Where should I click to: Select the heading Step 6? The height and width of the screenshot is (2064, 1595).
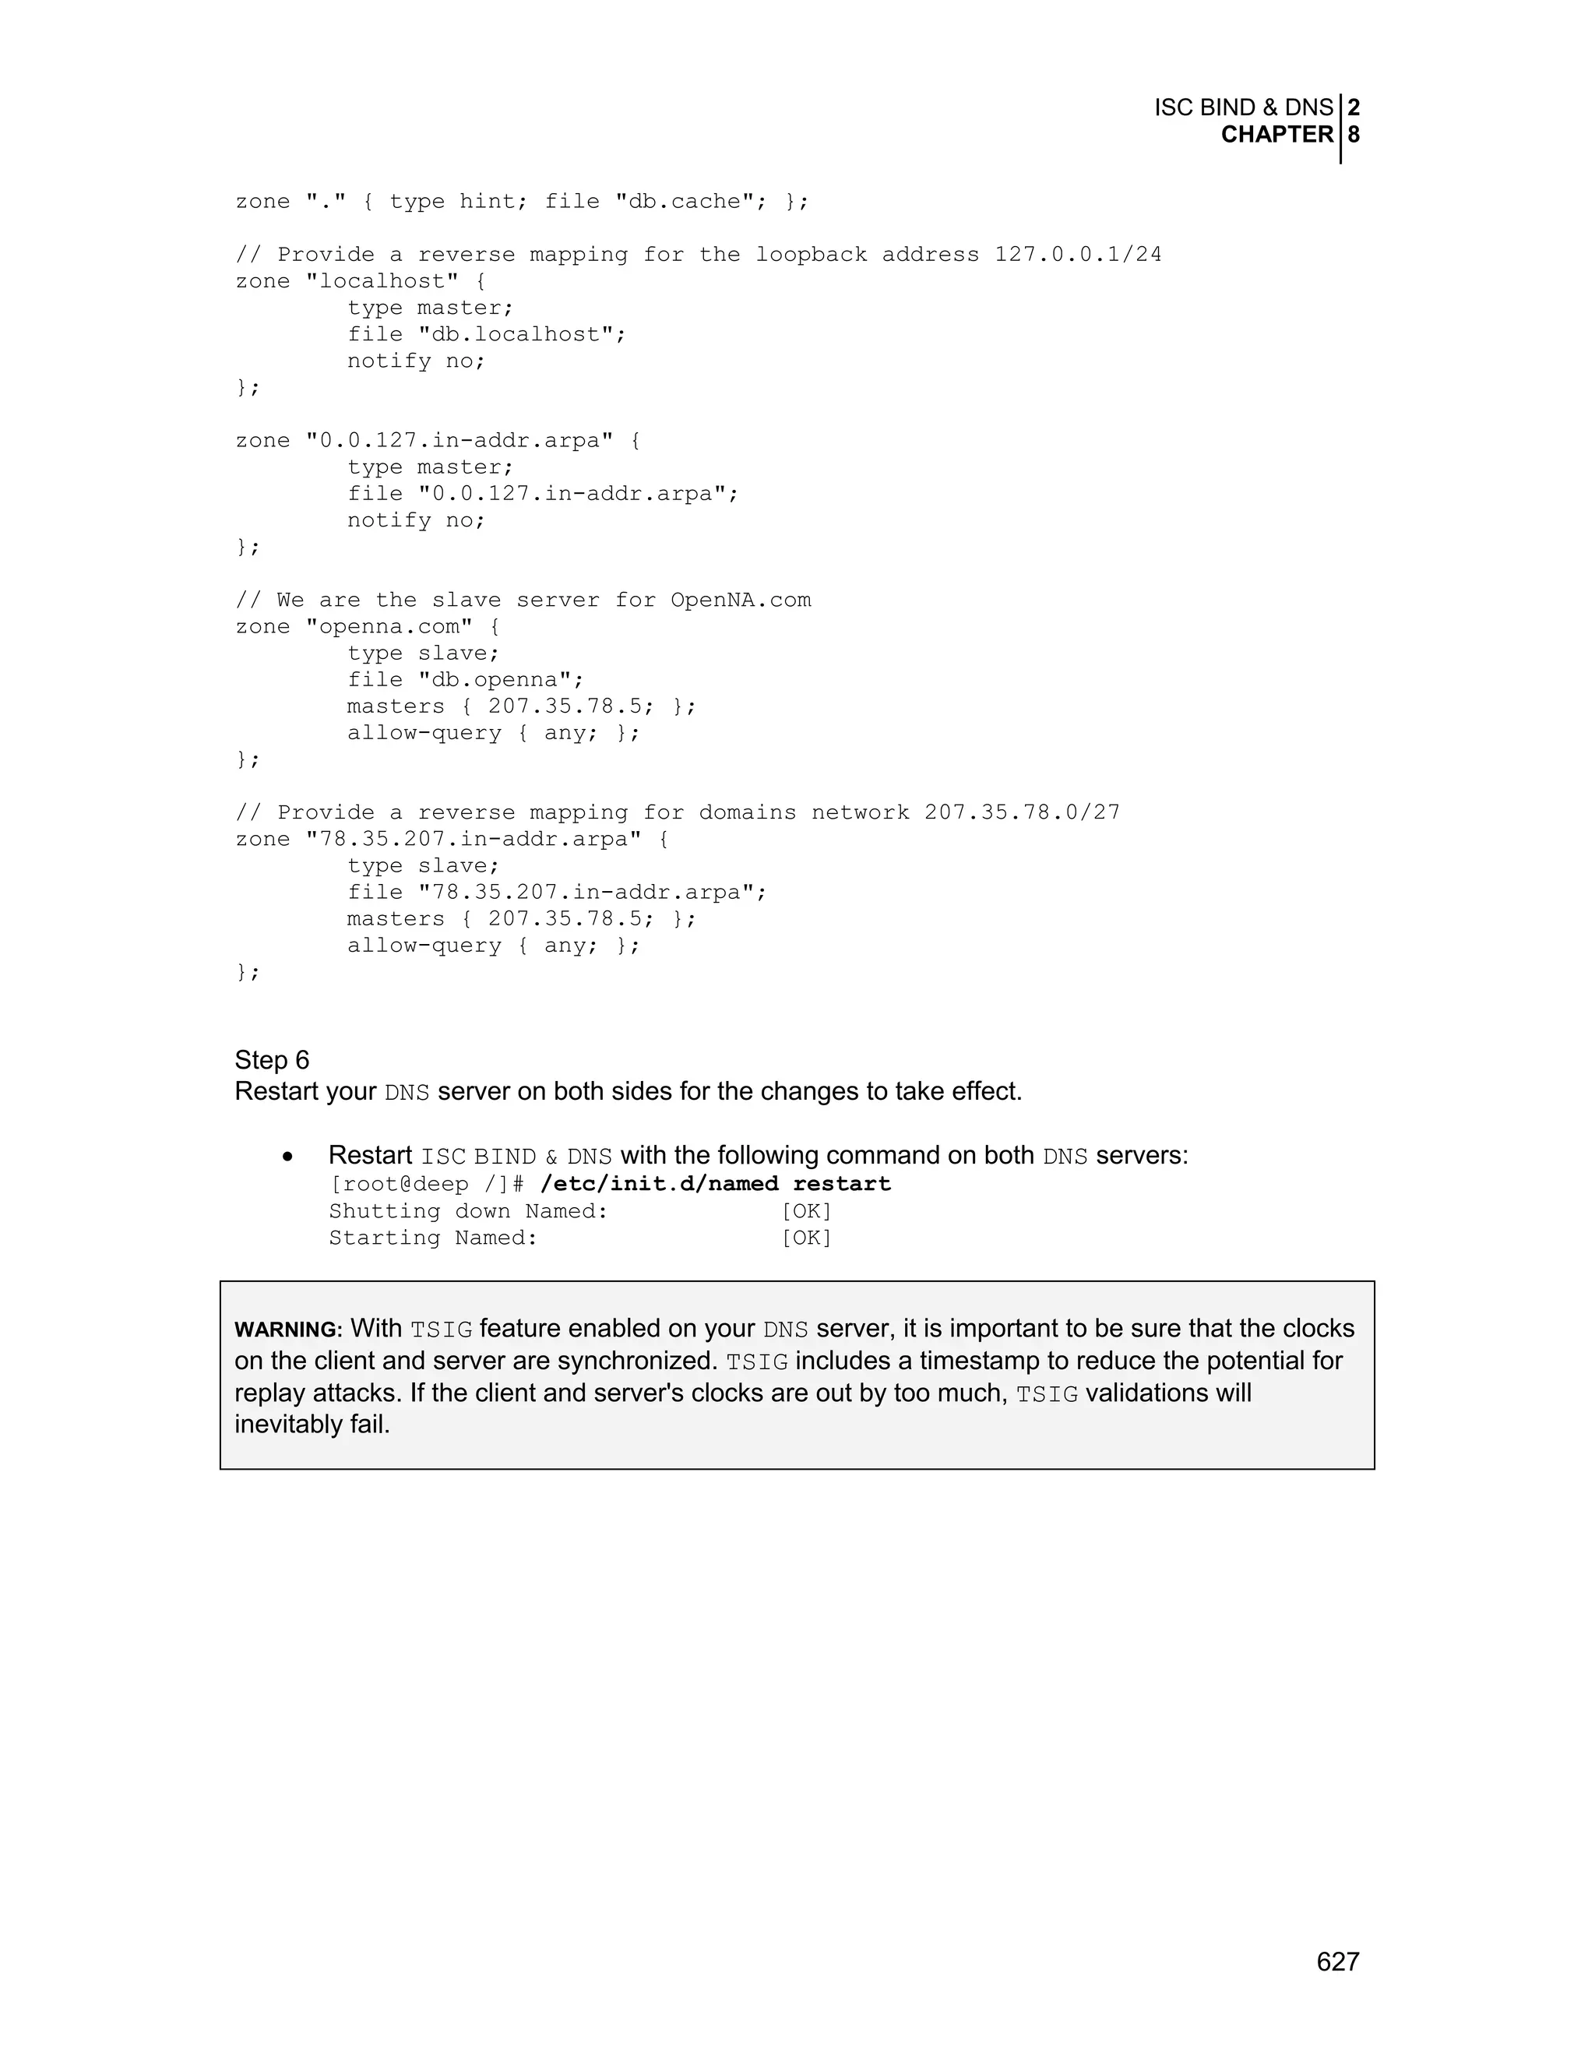pos(272,1059)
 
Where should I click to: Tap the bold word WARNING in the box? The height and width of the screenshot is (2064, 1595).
pos(287,1330)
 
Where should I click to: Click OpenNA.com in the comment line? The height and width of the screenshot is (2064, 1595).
pos(740,600)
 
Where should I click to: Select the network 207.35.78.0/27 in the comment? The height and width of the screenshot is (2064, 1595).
pos(1022,812)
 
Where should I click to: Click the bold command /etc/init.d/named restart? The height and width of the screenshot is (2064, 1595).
pos(715,1183)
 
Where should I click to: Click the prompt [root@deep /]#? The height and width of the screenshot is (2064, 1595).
pos(426,1183)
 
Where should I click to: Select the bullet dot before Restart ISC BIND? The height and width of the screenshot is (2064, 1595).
pos(287,1157)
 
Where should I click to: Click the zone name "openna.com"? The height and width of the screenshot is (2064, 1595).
pos(389,626)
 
